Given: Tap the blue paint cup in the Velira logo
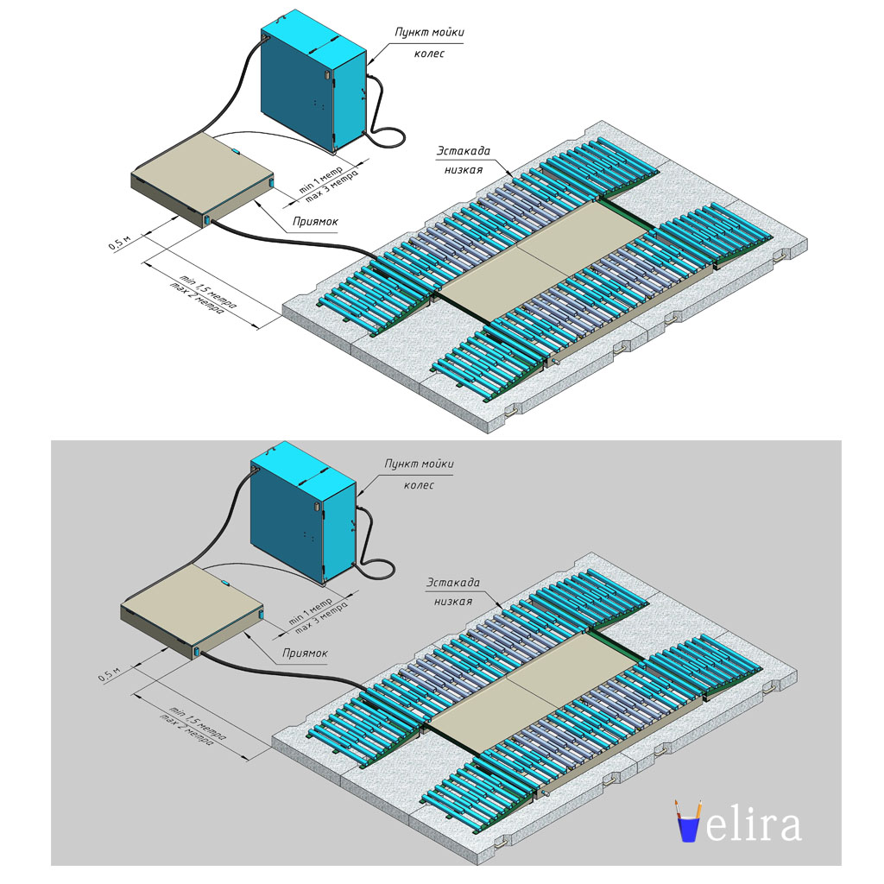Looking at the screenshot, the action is click(x=689, y=830).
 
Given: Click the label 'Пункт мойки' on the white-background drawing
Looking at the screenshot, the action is click(x=429, y=32).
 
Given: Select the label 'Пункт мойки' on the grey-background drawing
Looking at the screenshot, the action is click(x=419, y=464).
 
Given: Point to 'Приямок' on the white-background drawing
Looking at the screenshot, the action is click(x=315, y=222).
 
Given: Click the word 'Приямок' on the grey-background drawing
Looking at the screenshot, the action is click(x=305, y=653).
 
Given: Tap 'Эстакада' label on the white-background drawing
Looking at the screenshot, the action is click(x=464, y=151).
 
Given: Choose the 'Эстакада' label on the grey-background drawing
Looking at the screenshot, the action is click(x=453, y=583).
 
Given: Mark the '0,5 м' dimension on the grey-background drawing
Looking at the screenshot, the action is click(x=110, y=673).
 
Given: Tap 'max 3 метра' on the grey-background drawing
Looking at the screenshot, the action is click(x=321, y=617).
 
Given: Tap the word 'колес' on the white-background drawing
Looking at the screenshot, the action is click(x=429, y=54).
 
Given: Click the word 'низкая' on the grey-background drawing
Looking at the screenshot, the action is click(x=453, y=602).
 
